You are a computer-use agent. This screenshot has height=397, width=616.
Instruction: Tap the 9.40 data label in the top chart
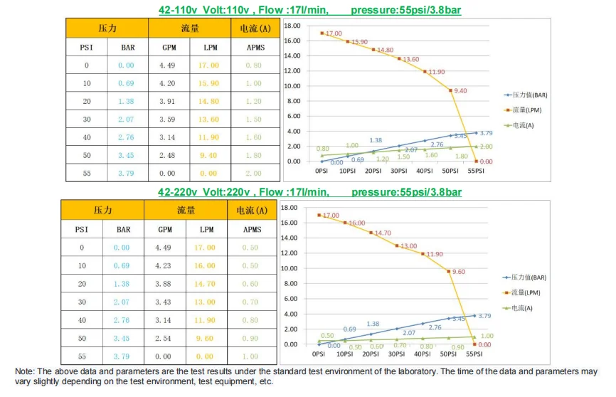460,90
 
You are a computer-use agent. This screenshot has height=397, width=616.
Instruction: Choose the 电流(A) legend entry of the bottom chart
524,307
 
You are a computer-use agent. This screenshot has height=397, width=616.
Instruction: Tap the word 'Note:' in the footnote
25,371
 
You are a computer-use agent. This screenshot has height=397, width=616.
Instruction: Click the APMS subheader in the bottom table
252,229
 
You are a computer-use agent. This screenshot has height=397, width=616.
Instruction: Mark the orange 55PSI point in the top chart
477,161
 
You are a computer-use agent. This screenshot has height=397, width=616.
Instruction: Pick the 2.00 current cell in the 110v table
253,173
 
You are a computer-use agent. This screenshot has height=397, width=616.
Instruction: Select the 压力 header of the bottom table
102,211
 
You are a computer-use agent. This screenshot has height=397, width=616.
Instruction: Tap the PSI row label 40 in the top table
87,137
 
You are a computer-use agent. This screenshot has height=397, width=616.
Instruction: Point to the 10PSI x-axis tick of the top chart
347,171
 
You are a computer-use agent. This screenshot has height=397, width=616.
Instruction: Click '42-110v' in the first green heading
178,11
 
